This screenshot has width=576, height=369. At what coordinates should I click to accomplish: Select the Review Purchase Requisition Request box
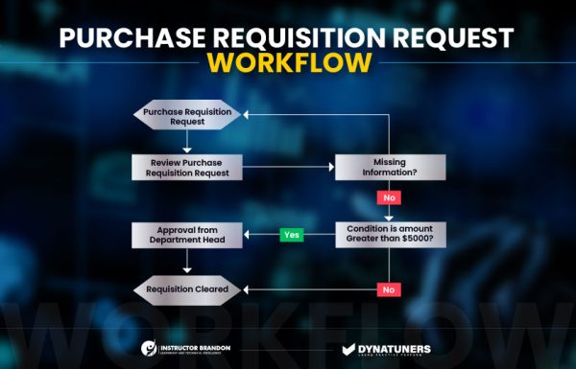coord(186,167)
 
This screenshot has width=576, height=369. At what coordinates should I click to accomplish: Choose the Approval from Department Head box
coord(186,234)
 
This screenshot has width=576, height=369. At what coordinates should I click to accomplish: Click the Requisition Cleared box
coord(186,288)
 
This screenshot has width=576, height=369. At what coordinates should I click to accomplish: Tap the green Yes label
coord(291,234)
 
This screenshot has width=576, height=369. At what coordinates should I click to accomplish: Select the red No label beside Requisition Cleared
coord(388,288)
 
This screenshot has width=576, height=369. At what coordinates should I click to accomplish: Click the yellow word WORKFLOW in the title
coord(287,63)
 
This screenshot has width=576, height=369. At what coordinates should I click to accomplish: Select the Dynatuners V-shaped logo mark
coord(350,349)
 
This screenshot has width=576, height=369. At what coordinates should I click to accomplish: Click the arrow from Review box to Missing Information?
coord(287,167)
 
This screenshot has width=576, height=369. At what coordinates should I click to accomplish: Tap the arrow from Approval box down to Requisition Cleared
coord(186,264)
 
